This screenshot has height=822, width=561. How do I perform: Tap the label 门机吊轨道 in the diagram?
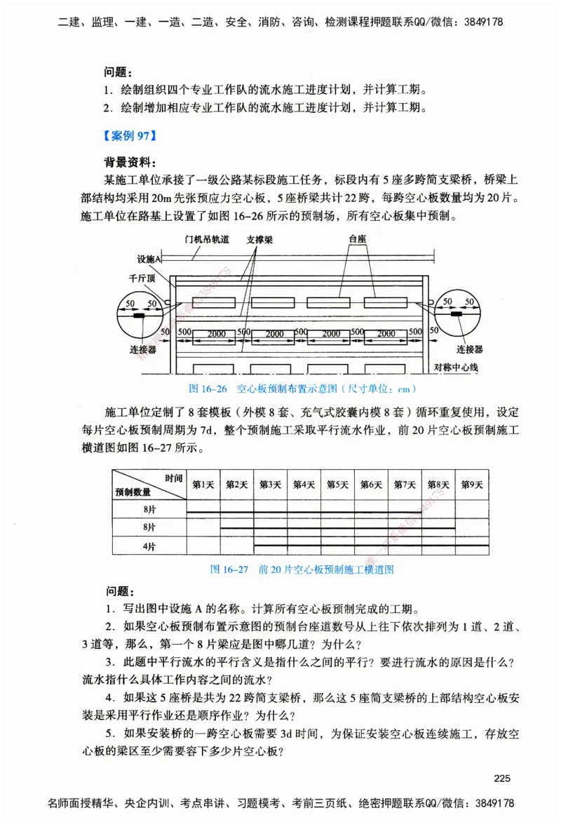point(208,241)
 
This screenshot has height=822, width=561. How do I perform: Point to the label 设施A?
point(150,258)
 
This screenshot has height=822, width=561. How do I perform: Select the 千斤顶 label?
point(142,278)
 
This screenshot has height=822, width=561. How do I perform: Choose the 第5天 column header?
point(338,484)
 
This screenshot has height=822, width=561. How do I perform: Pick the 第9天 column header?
point(473,484)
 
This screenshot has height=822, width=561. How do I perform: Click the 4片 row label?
point(149,546)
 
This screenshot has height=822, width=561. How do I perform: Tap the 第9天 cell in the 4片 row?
point(473,546)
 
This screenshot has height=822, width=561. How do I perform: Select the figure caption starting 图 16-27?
point(302,569)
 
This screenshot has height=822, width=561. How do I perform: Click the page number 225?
point(503,778)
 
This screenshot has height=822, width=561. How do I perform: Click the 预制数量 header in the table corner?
point(133,492)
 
